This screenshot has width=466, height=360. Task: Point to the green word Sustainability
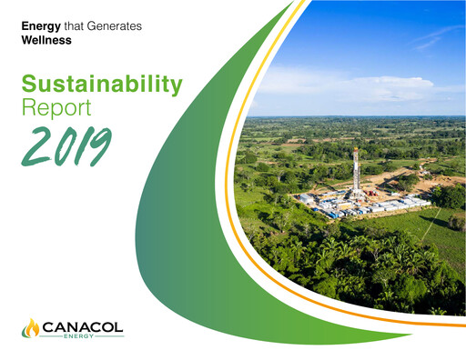[x=100, y=86]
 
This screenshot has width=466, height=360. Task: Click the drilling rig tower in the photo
[x=357, y=173]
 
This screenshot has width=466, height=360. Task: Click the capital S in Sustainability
[x=29, y=85]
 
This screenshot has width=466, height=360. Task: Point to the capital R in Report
[x=28, y=109]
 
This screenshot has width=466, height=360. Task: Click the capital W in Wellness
[x=26, y=41]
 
